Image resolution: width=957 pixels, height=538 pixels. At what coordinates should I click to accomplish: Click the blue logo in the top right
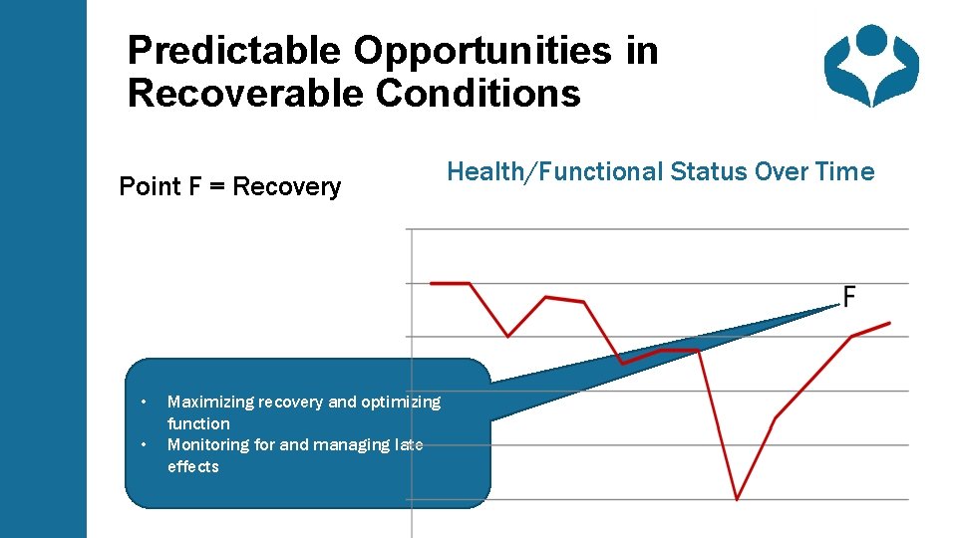pos(870,66)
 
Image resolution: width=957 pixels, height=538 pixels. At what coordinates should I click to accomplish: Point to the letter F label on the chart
pos(848,297)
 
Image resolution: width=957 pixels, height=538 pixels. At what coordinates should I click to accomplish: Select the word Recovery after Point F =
pos(286,186)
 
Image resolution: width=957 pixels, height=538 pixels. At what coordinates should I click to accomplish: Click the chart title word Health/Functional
pos(554,171)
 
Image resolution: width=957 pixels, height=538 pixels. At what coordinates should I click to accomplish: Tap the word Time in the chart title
pos(843,171)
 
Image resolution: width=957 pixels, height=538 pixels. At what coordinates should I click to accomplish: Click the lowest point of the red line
pos(737,498)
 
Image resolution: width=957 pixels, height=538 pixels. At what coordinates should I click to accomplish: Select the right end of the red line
pos(889,322)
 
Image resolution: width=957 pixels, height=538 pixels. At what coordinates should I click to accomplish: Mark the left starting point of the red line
pos(431,283)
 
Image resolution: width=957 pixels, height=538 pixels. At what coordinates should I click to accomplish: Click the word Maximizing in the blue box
pos(210,402)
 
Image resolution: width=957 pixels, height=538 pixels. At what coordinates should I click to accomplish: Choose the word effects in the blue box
pos(192,466)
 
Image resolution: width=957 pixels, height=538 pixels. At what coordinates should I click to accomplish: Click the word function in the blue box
pos(198,423)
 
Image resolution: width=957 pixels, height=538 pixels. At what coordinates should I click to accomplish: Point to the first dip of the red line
pos(508,336)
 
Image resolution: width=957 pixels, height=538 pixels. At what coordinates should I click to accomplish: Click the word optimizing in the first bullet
pos(400,402)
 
